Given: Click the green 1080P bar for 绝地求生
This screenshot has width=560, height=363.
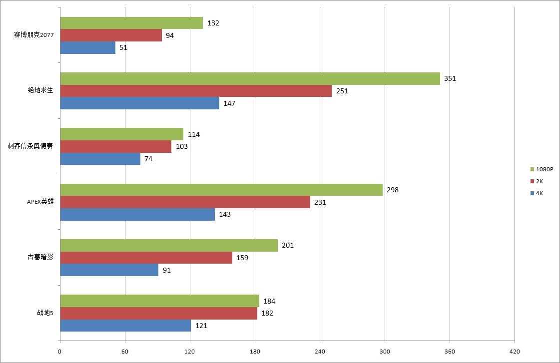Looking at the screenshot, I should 250,79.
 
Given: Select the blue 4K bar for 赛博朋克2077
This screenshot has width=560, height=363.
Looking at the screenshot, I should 87,48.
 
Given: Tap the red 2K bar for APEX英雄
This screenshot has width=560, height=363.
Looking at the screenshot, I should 185,202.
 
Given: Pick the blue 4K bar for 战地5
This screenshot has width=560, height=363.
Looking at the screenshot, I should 125,326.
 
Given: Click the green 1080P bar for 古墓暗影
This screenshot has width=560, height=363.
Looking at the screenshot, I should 169,245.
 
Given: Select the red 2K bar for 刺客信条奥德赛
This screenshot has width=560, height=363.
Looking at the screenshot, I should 115,147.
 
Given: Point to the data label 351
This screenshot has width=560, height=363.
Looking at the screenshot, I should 450,78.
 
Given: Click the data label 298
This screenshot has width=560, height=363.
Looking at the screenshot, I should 393,190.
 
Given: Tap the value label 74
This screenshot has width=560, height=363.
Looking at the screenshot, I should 148,159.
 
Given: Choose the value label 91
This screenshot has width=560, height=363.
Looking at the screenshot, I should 166,270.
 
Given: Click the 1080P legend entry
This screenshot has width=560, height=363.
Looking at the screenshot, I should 542,169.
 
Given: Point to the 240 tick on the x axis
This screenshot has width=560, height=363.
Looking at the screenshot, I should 320,352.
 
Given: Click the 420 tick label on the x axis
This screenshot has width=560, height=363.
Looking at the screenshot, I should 515,352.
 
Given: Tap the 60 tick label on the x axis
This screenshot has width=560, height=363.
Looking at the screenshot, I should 125,352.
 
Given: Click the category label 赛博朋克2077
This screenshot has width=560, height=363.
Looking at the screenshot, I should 34,35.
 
